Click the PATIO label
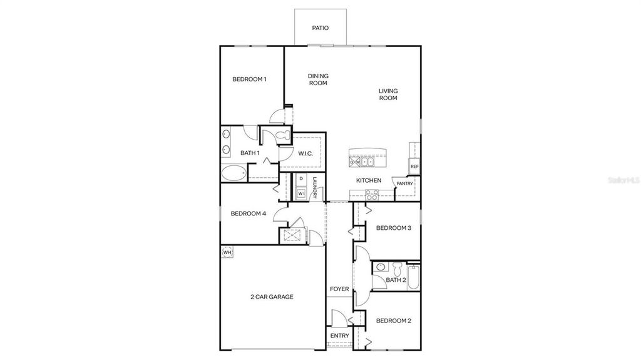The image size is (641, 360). (320, 28)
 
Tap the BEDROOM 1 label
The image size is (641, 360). (249, 79)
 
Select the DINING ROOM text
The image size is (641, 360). (318, 80)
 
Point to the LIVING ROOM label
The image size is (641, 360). (388, 94)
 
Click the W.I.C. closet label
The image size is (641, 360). (305, 153)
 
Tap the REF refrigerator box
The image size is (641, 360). (414, 167)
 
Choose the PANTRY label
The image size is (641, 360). (404, 183)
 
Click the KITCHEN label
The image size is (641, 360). (369, 180)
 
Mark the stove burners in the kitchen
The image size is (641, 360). (371, 195)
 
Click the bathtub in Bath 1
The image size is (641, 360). (234, 173)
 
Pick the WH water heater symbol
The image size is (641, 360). (227, 252)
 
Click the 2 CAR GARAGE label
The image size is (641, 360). (272, 297)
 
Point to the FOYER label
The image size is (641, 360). (339, 289)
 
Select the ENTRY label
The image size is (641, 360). (339, 336)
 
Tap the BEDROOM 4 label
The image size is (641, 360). (248, 213)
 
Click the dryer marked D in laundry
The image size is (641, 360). (301, 179)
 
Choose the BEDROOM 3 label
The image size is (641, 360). (393, 228)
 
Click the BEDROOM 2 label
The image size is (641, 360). (393, 321)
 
